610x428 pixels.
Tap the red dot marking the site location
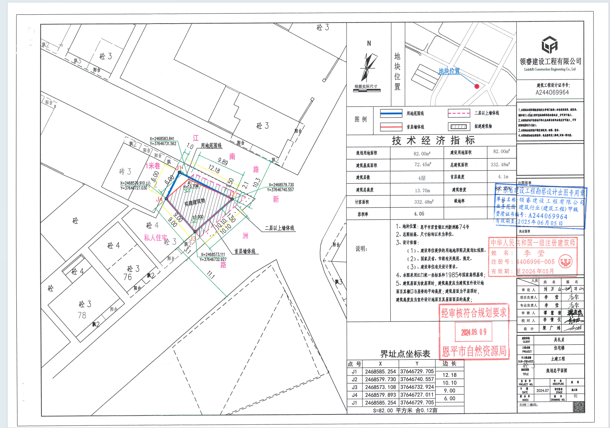pyautogui.click(x=476, y=86)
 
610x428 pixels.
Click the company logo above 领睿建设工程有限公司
pyautogui.click(x=549, y=45)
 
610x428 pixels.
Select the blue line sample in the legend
pyautogui.click(x=391, y=113)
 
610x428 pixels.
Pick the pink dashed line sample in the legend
pyautogui.click(x=459, y=113)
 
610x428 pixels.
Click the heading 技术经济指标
pyautogui.click(x=433, y=140)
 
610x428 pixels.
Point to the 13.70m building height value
pyautogui.click(x=422, y=190)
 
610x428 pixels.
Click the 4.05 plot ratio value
pyautogui.click(x=419, y=214)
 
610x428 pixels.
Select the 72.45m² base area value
pyautogui.click(x=422, y=165)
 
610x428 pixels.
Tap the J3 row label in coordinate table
pyautogui.click(x=354, y=387)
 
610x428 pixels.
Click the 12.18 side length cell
pyautogui.click(x=449, y=375)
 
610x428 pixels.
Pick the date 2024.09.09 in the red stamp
pyautogui.click(x=474, y=332)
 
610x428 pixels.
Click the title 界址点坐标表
pyautogui.click(x=405, y=354)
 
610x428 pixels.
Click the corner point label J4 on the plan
pyautogui.click(x=159, y=199)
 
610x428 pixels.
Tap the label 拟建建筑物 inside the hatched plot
pyautogui.click(x=195, y=202)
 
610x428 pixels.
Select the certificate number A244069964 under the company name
pyautogui.click(x=552, y=92)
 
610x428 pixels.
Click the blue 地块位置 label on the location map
pyautogui.click(x=449, y=71)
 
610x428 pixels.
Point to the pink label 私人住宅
pyautogui.click(x=155, y=238)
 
